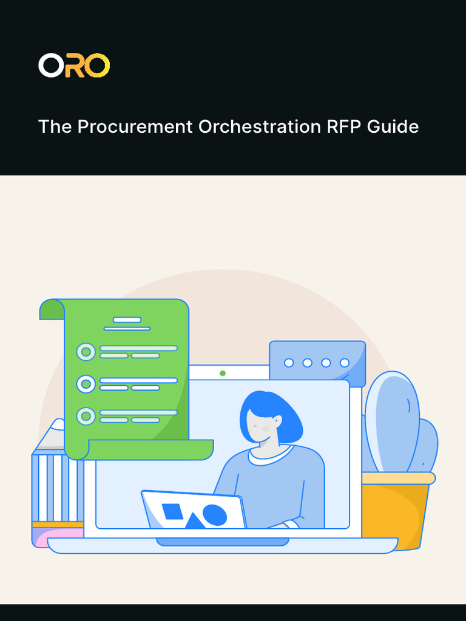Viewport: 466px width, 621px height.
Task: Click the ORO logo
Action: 74,65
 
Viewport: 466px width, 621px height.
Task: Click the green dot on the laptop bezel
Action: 223,373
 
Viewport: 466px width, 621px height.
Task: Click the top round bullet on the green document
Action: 86,352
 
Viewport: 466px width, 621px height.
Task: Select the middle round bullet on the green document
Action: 86,384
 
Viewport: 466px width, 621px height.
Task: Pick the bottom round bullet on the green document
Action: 86,416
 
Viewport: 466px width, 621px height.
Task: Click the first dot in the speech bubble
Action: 289,363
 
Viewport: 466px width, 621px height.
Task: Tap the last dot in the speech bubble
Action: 345,363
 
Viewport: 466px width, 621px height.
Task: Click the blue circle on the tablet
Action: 214,515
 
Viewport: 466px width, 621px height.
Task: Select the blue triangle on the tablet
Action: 194,521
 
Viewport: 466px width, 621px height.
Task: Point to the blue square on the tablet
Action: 172,512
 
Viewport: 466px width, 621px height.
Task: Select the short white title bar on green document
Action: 127,320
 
